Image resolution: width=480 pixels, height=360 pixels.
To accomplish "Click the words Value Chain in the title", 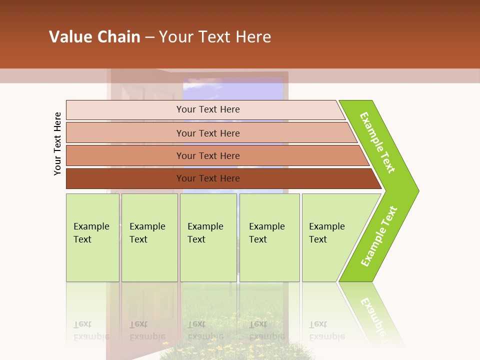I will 94,37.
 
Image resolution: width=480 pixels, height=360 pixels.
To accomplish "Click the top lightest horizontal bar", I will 125,110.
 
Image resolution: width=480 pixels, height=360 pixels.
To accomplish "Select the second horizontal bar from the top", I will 125,133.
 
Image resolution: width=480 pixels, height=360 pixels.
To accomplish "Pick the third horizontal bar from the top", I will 125,155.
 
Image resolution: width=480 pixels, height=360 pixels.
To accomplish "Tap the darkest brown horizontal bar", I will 125,178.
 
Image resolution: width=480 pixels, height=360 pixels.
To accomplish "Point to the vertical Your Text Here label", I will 57,143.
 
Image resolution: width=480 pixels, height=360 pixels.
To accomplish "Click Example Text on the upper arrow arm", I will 377,142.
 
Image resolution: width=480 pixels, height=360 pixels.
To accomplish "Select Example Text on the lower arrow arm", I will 378,236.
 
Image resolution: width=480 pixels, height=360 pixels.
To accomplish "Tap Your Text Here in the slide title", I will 215,37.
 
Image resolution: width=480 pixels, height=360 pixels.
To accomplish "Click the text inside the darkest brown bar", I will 208,178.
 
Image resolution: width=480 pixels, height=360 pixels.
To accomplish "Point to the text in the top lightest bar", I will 208,109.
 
